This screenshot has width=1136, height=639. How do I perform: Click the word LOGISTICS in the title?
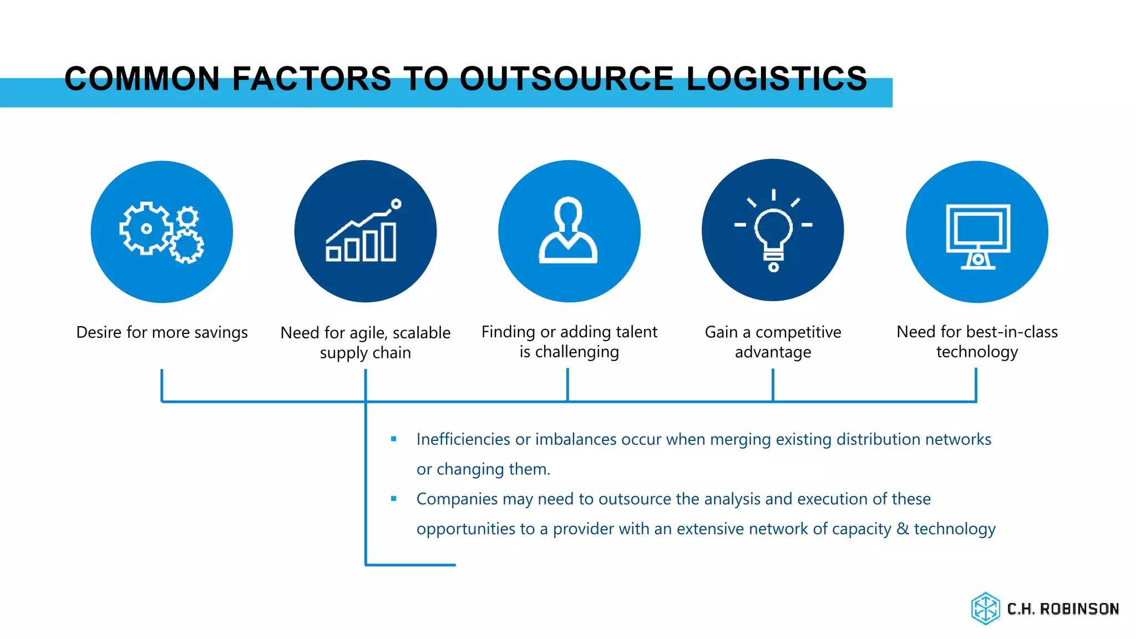[x=777, y=78]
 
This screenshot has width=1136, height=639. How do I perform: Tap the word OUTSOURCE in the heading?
[x=566, y=78]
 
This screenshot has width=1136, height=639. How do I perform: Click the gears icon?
[x=161, y=232]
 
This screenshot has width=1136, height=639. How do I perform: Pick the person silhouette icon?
[x=569, y=230]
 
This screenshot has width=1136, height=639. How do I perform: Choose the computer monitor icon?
[x=977, y=236]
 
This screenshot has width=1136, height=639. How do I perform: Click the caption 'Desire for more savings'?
[x=162, y=332]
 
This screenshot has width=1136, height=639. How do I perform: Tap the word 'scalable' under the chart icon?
[x=422, y=333]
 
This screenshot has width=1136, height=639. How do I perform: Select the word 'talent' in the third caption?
[x=636, y=332]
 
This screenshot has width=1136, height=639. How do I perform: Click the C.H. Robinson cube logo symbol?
[x=985, y=608]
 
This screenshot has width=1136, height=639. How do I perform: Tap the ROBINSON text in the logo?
[x=1079, y=609]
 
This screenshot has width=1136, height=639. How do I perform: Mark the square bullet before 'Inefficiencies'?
[x=394, y=439]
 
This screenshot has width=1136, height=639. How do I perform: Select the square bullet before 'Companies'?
[x=394, y=499]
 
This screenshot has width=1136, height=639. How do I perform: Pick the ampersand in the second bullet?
[x=902, y=529]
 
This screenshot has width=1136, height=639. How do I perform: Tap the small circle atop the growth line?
[x=396, y=204]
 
